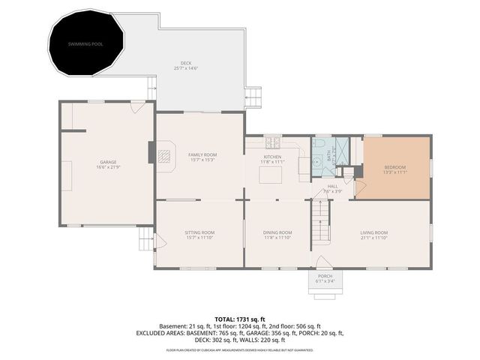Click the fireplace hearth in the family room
click(x=163, y=155)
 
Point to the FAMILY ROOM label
click(x=202, y=154)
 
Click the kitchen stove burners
click(x=272, y=142)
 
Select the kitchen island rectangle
click(x=271, y=175)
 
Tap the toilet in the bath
click(x=319, y=144)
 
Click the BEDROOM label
click(x=395, y=167)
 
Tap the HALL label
click(x=332, y=186)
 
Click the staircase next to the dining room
click(x=320, y=225)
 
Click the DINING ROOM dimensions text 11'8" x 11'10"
click(x=277, y=238)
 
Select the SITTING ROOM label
click(x=199, y=232)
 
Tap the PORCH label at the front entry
click(x=325, y=276)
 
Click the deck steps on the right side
click(x=255, y=97)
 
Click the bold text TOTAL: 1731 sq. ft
click(x=240, y=319)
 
